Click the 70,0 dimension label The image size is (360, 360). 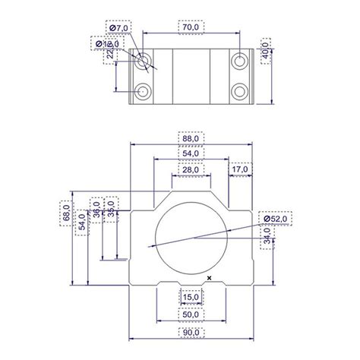coord(191,27)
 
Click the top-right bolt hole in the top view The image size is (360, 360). coord(240,60)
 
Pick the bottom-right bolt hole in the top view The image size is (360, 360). coord(240,92)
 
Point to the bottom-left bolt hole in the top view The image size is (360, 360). coord(143,92)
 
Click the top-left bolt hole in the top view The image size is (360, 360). coord(143,61)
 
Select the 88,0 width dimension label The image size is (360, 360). coord(191,139)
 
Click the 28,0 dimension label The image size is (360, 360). coord(191,171)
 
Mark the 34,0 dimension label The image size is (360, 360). coord(266,238)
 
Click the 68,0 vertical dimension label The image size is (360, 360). coord(67,216)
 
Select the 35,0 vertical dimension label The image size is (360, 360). coord(110,210)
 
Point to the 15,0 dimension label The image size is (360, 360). coord(191,297)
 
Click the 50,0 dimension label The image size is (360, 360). coord(191,314)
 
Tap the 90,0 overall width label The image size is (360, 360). coord(191,333)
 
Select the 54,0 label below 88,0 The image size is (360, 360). coord(191,154)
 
